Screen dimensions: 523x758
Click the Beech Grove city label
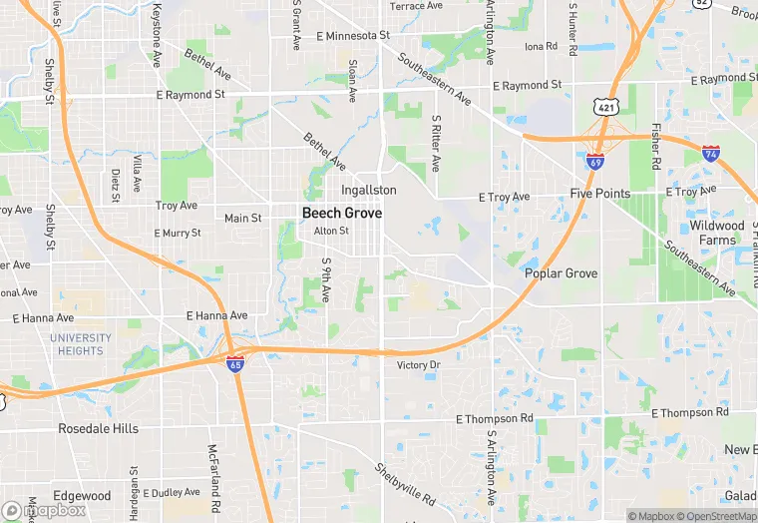[342, 213]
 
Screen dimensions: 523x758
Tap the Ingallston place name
[368, 190]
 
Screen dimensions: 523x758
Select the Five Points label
[599, 193]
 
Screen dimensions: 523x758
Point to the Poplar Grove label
[561, 273]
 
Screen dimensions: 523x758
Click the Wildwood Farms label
[716, 233]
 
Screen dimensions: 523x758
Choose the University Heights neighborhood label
[81, 344]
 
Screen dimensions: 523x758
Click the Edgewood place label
[82, 496]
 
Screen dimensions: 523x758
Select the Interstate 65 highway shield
[235, 365]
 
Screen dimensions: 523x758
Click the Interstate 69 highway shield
[594, 161]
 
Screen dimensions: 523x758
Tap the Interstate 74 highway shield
[710, 154]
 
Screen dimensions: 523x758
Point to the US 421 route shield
[604, 105]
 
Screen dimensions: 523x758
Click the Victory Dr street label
[418, 365]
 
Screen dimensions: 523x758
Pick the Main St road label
[242, 218]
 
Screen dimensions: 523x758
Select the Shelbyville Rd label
[406, 484]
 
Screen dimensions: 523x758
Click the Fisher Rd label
[655, 146]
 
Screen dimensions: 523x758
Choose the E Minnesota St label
[352, 35]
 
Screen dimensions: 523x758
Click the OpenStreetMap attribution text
[716, 516]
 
